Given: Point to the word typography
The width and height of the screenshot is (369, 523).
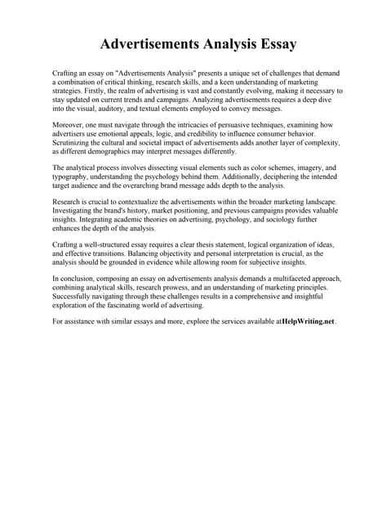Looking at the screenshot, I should (x=75, y=177).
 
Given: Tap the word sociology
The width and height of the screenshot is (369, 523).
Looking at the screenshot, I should (x=276, y=218).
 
